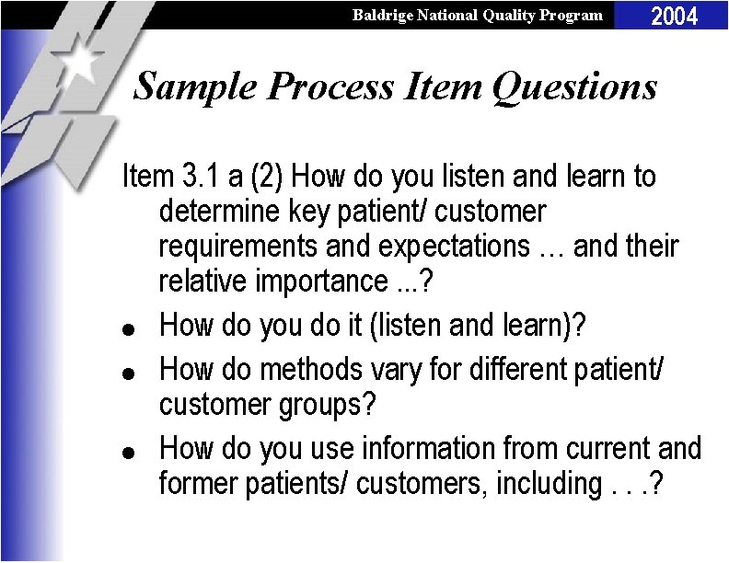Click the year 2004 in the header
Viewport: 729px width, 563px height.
coord(675,16)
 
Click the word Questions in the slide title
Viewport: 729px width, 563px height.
coord(574,87)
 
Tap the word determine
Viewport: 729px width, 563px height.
coord(222,212)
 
